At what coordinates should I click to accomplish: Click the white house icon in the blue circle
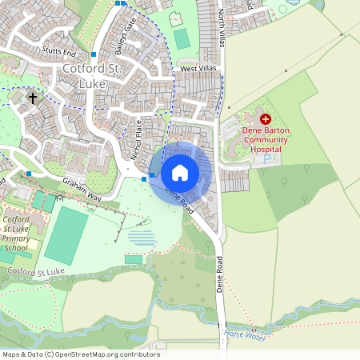[x=180, y=172]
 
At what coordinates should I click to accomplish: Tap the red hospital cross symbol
[x=265, y=118]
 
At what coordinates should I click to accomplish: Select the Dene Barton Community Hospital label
[x=265, y=139]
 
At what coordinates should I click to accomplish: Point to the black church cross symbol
[x=33, y=98]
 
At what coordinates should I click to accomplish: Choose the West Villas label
[x=198, y=70]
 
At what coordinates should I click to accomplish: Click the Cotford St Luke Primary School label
[x=16, y=234]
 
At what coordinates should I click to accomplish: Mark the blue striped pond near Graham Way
[x=142, y=238]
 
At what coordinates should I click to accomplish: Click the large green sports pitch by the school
[x=66, y=235]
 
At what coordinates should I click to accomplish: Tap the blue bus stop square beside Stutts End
[x=94, y=54]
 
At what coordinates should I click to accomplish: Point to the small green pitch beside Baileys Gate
[x=182, y=38]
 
